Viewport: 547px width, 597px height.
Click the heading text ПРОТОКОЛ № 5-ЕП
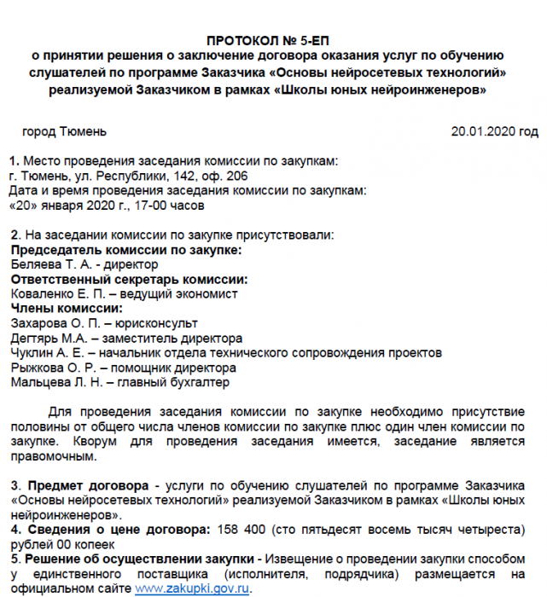tap(272, 41)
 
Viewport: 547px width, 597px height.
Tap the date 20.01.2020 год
tap(494, 131)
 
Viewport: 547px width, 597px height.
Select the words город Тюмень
tap(64, 131)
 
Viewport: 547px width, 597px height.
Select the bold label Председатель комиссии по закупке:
tap(125, 250)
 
